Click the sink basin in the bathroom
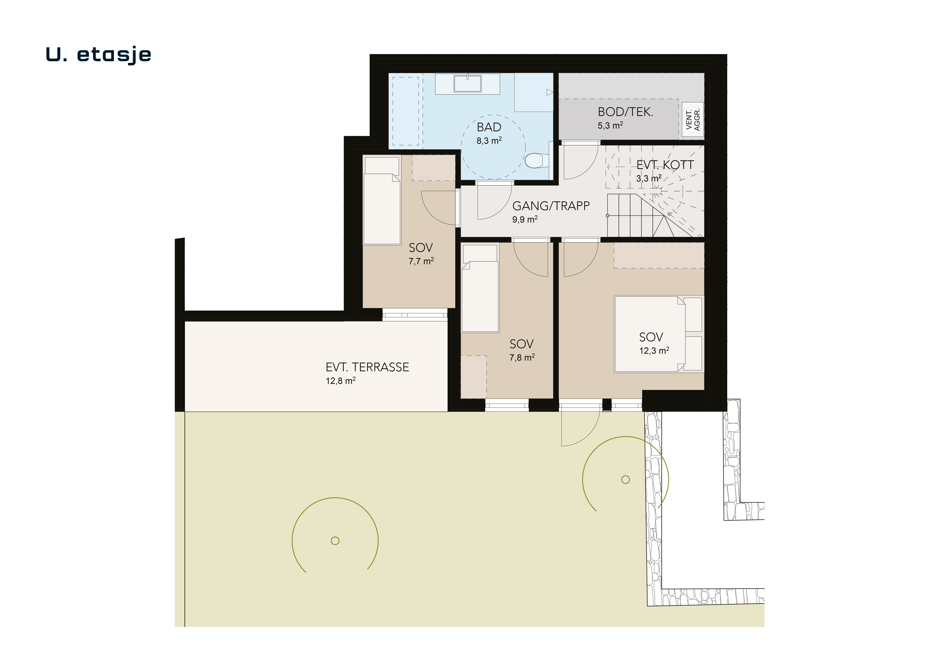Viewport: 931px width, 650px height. [468, 84]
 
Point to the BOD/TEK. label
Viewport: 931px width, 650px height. [625, 112]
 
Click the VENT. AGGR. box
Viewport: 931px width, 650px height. [693, 119]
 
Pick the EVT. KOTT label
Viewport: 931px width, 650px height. [665, 165]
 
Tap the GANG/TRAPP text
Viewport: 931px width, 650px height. [551, 206]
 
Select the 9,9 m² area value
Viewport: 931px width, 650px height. [525, 220]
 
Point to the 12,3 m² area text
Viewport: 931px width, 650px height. [654, 351]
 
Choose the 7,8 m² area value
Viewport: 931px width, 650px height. [522, 357]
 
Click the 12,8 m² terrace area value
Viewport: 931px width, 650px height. [341, 381]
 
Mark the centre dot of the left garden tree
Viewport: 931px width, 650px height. [335, 540]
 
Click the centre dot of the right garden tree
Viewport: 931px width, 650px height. [626, 480]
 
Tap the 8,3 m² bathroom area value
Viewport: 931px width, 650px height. [489, 141]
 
